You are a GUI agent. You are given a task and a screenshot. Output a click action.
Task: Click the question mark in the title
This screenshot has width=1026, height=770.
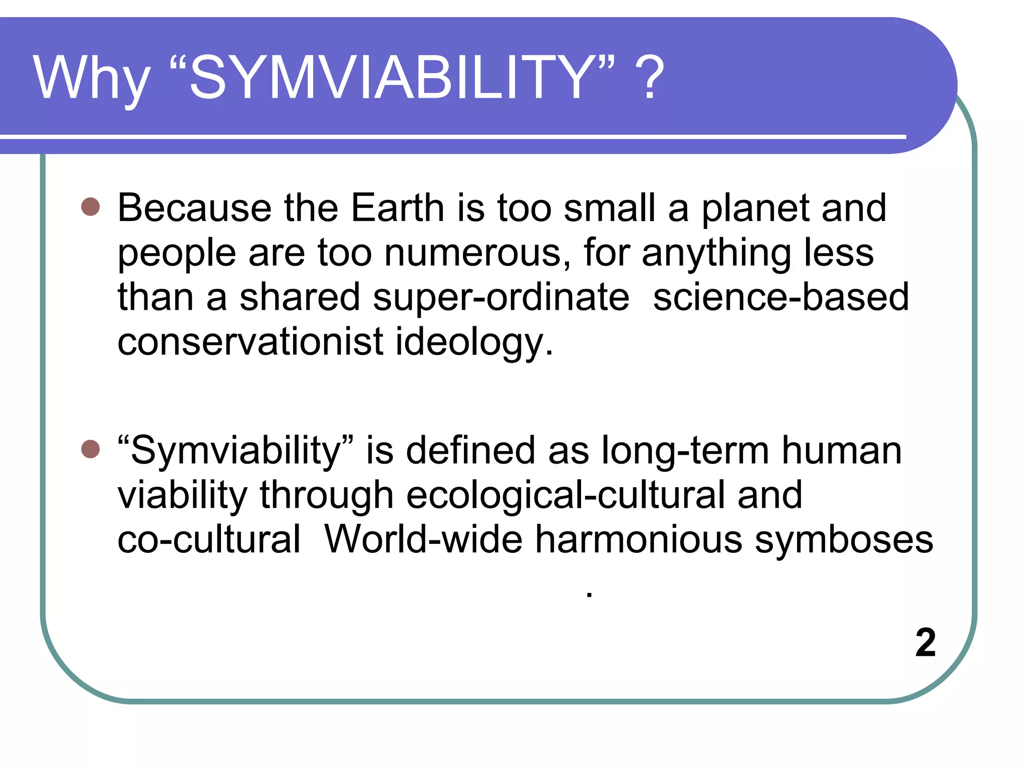click(x=649, y=78)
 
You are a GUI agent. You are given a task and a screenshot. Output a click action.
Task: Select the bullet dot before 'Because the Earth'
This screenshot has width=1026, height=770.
click(x=91, y=206)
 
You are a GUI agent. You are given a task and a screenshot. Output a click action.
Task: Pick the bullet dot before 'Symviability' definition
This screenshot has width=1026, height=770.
click(x=91, y=449)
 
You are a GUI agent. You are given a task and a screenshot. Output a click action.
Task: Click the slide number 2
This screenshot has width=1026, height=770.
click(x=925, y=642)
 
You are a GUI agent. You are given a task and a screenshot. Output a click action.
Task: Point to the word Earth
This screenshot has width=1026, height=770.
click(x=397, y=208)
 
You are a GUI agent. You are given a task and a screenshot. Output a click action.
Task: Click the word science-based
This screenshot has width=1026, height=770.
click(x=781, y=297)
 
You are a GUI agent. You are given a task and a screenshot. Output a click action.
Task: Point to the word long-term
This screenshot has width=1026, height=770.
click(x=685, y=450)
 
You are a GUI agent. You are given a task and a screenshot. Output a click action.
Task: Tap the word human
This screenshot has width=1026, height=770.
click(x=842, y=450)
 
